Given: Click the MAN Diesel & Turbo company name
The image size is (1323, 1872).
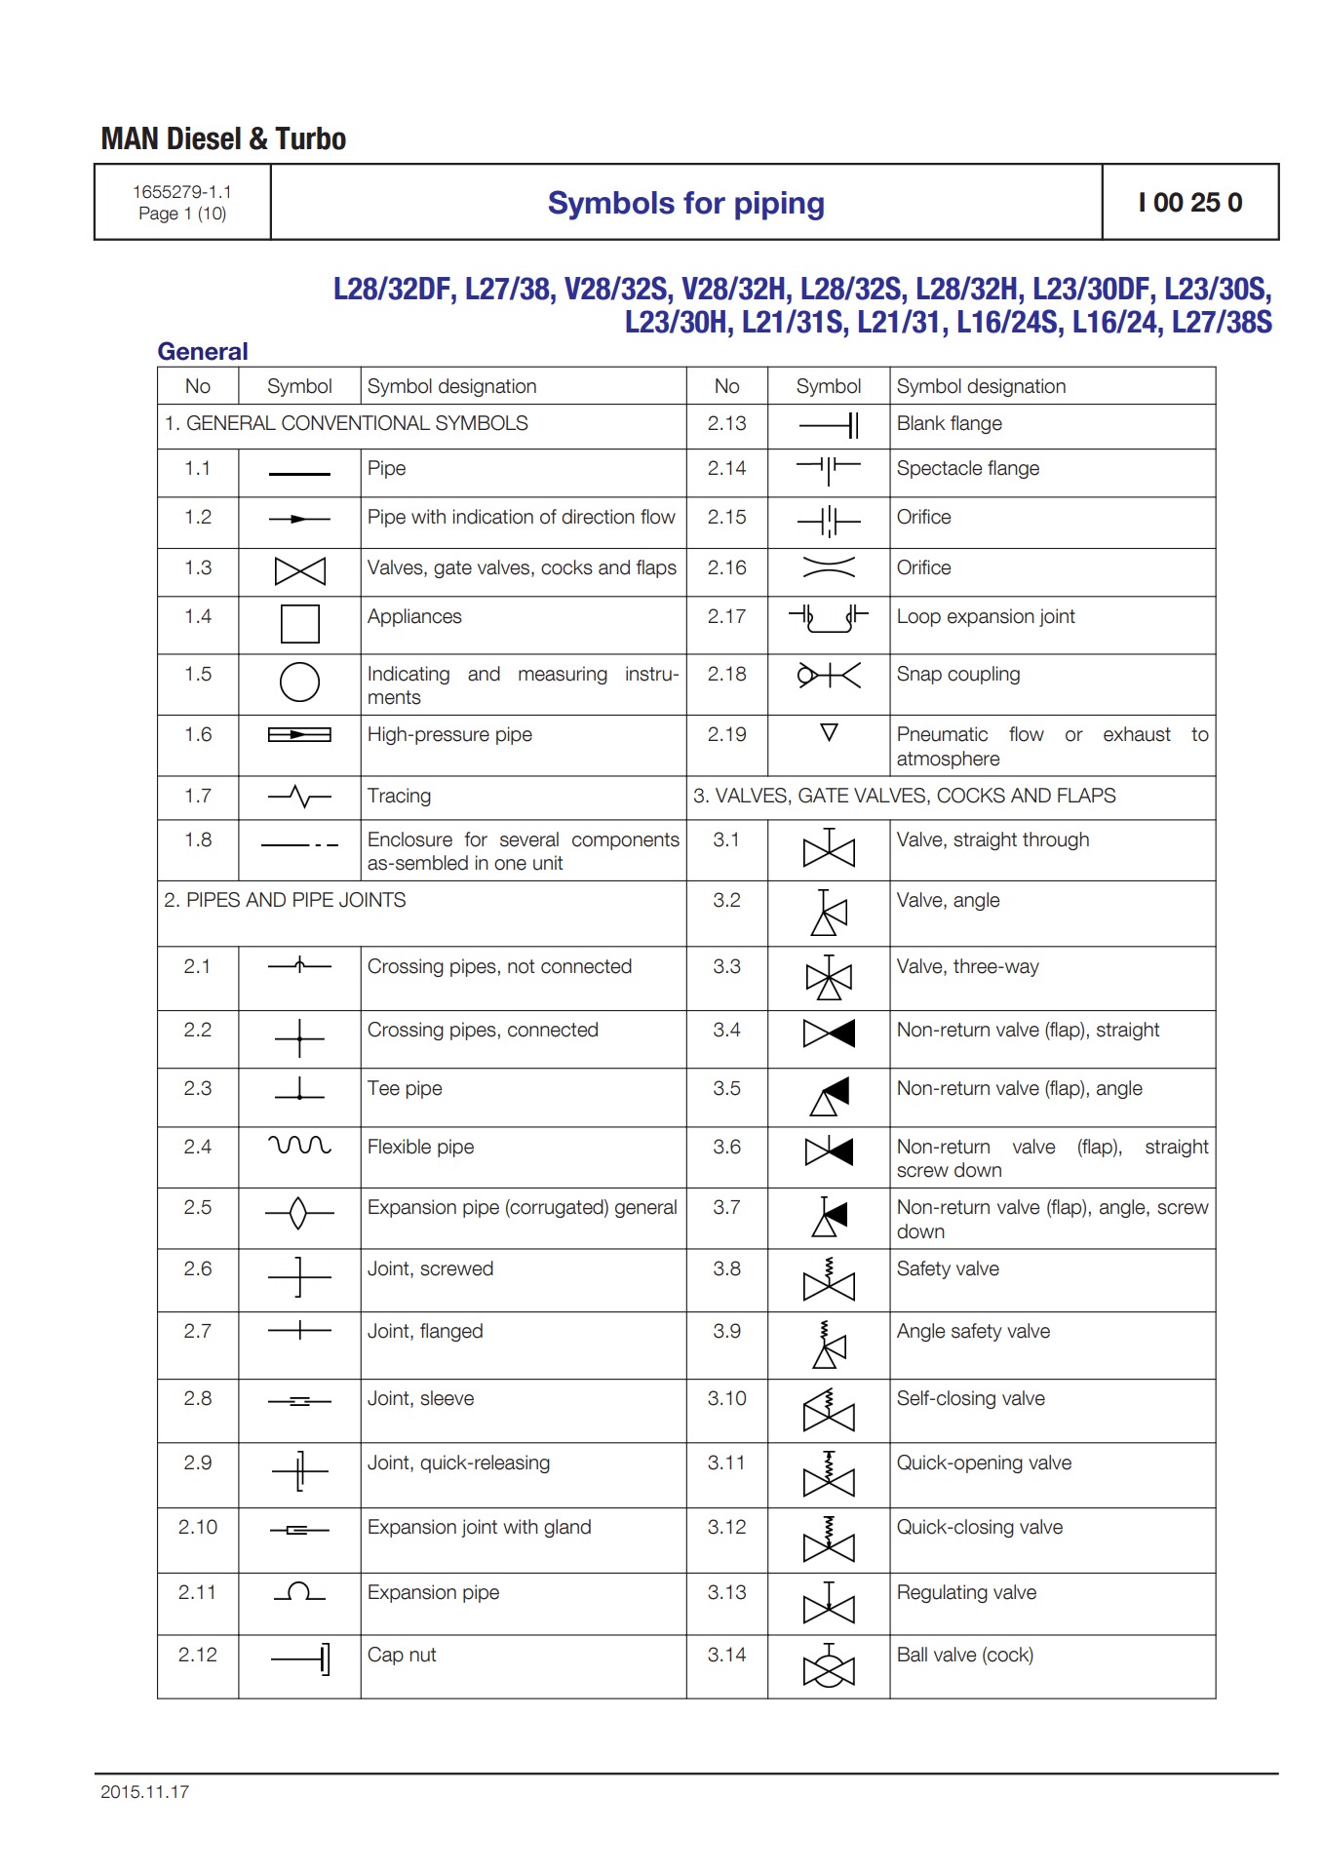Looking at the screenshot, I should [x=223, y=139].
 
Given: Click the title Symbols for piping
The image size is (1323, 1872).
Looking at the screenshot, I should [x=685, y=203].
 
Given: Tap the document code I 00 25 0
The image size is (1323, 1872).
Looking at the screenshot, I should [x=1189, y=203].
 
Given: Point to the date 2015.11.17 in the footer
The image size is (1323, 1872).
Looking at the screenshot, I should [x=144, y=1791].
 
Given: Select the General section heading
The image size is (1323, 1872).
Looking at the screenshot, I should [x=203, y=351].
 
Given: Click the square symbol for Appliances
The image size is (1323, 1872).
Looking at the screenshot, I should [x=299, y=624].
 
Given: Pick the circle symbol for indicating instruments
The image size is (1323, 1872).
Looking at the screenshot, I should [x=299, y=682].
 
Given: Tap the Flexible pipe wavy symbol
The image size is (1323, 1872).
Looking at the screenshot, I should [x=299, y=1145].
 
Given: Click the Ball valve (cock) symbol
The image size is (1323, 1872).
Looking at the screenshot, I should [x=828, y=1666].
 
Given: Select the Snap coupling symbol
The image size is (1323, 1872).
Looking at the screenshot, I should [x=828, y=675].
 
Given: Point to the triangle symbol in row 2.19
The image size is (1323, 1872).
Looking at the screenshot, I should [x=829, y=732].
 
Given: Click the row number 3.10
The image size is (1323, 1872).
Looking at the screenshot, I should [x=726, y=1398].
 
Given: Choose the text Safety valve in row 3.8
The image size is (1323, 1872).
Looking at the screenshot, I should [x=948, y=1268].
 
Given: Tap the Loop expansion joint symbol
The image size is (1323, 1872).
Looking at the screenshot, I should [x=828, y=618].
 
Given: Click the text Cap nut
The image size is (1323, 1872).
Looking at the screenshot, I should [x=402, y=1655].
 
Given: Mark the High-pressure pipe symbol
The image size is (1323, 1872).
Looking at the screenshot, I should [x=299, y=734].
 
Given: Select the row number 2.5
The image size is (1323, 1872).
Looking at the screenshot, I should [x=197, y=1207].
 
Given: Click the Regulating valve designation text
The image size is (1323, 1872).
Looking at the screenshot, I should [x=966, y=1592].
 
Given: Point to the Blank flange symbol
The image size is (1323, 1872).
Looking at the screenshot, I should [x=828, y=425].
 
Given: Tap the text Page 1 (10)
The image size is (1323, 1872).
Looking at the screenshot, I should [x=182, y=214].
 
